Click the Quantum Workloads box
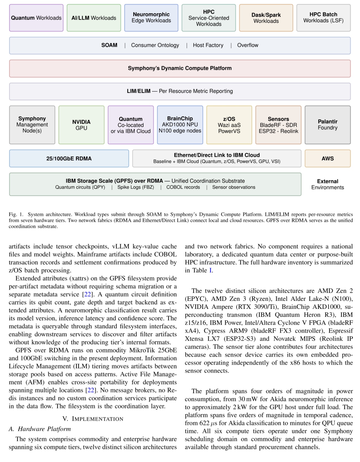(x=36, y=18)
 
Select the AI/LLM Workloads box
(x=94, y=18)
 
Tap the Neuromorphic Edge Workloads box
(x=151, y=18)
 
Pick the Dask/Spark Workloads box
(x=266, y=18)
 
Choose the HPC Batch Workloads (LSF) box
(x=323, y=18)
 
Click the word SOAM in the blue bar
(x=109, y=45)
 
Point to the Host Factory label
(x=208, y=45)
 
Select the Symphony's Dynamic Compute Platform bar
(x=180, y=68)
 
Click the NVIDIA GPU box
(x=81, y=125)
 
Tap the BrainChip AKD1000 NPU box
(x=180, y=125)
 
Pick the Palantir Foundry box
(x=327, y=125)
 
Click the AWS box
(x=327, y=159)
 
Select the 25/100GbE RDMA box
(x=69, y=159)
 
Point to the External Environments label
(x=327, y=184)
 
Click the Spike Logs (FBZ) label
(x=135, y=187)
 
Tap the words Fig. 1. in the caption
(x=16, y=214)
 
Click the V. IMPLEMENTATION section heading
(x=93, y=419)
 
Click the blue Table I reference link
(x=210, y=270)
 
